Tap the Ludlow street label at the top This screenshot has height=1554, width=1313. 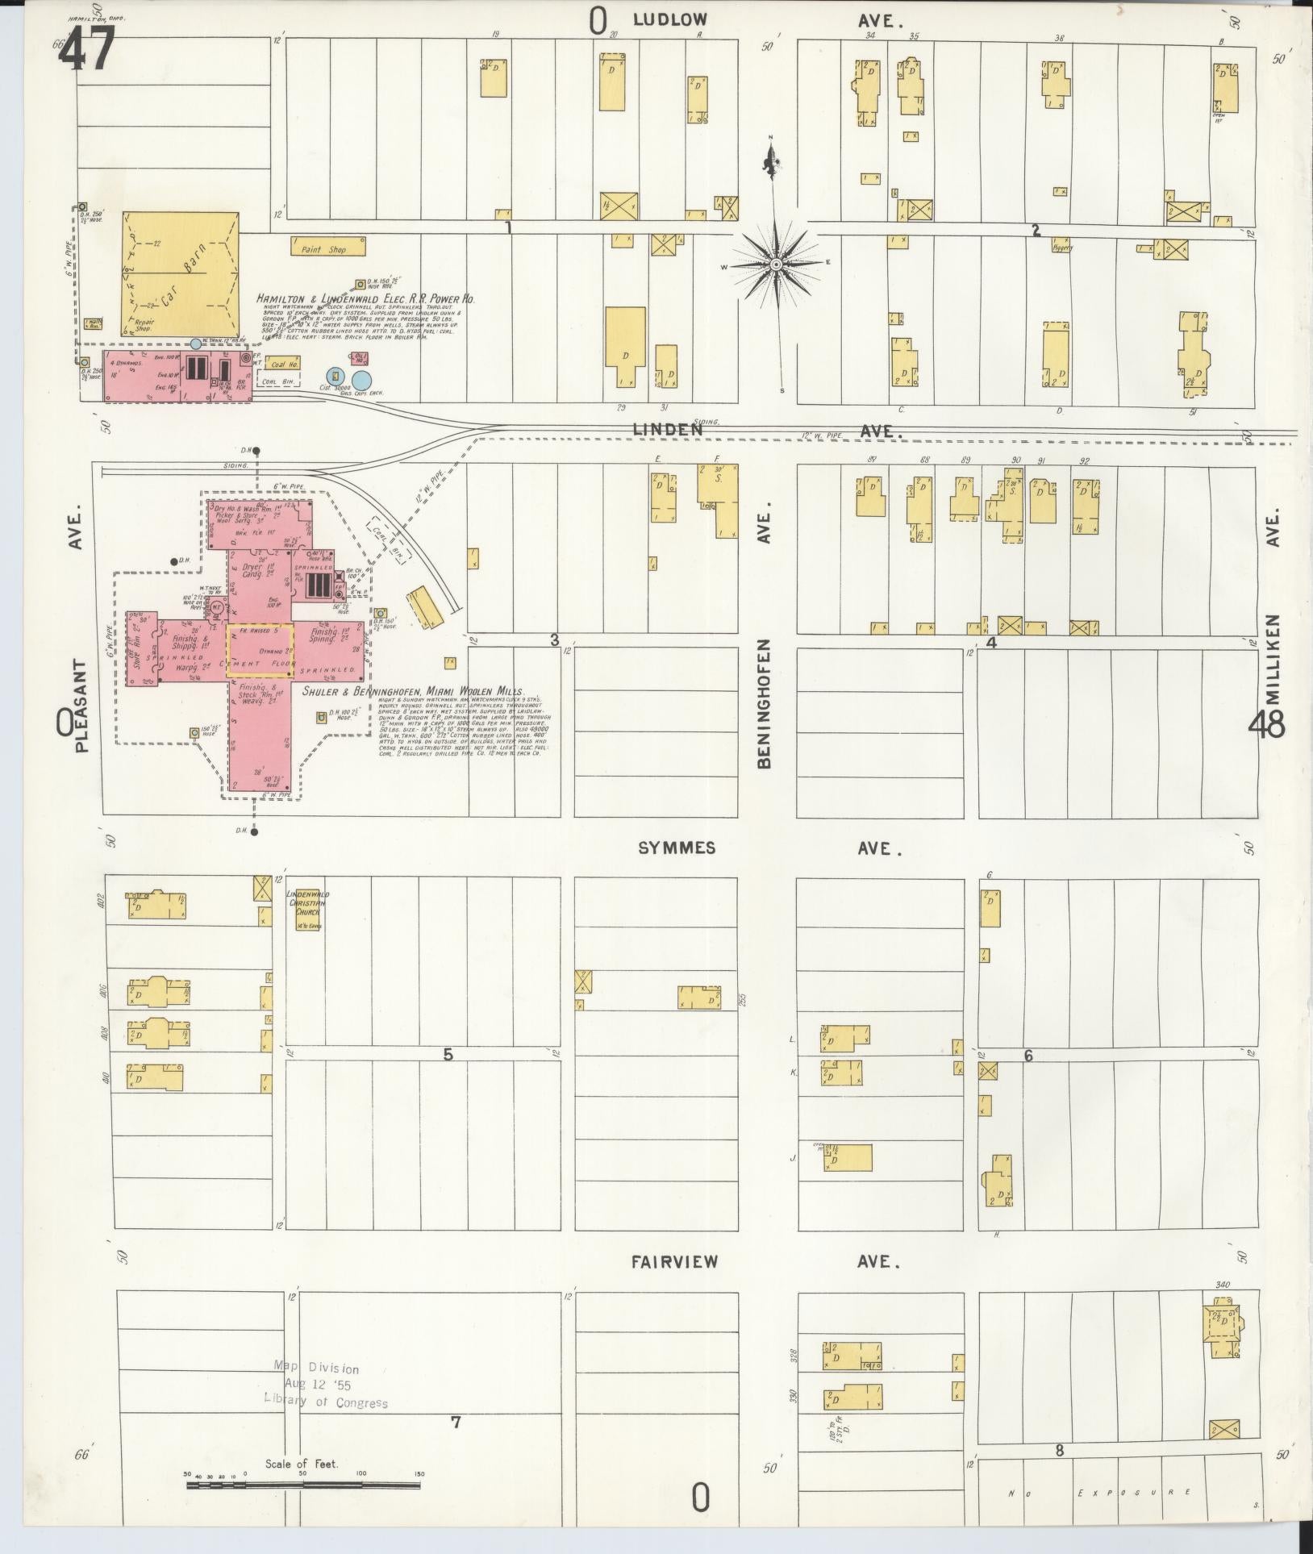pyautogui.click(x=669, y=20)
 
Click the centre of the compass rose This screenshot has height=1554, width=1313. pyautogui.click(x=775, y=264)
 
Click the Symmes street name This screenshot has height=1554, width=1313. pyautogui.click(x=676, y=848)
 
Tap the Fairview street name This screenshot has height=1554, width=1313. pyautogui.click(x=674, y=1262)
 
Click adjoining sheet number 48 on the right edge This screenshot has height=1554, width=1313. pyautogui.click(x=1266, y=726)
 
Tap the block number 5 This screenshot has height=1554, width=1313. pyautogui.click(x=448, y=1054)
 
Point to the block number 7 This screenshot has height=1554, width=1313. pyautogui.click(x=456, y=1422)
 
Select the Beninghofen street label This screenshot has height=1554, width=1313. pyautogui.click(x=764, y=704)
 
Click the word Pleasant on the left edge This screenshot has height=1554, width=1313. pyautogui.click(x=81, y=706)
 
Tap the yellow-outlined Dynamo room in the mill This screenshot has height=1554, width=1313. pyautogui.click(x=259, y=649)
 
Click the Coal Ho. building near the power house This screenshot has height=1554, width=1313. pyautogui.click(x=282, y=364)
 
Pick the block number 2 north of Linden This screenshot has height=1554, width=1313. pyautogui.click(x=1036, y=231)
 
